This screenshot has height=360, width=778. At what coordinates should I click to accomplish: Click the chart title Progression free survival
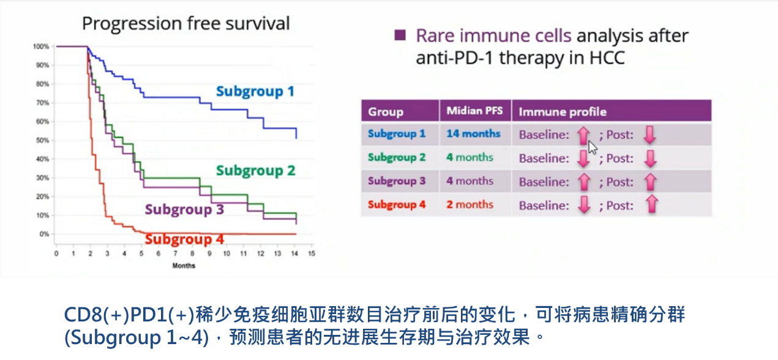(185, 24)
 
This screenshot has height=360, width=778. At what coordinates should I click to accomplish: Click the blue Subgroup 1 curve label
(255, 92)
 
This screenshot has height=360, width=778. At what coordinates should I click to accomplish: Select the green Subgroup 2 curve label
(255, 170)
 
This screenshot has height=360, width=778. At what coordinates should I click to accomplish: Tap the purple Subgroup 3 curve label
(184, 209)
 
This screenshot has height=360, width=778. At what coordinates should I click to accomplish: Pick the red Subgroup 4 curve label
(184, 239)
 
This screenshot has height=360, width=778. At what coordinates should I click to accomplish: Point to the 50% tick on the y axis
(41, 140)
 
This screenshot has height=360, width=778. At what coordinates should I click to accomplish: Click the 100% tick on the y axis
(40, 47)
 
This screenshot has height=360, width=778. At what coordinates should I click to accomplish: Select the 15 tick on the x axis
(312, 253)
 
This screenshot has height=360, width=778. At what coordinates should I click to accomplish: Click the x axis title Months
(184, 265)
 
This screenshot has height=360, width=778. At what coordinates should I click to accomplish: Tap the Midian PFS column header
(474, 111)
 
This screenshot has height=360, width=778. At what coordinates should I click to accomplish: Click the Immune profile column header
(563, 111)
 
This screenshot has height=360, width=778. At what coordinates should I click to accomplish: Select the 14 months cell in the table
(473, 133)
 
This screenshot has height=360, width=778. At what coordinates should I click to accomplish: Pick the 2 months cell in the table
(469, 204)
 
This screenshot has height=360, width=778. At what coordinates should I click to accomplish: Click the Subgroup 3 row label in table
(397, 181)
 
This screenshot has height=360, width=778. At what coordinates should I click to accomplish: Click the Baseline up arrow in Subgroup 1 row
(583, 134)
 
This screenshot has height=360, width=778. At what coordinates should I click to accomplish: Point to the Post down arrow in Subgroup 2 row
(650, 158)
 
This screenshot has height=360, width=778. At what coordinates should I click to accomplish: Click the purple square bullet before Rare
(400, 36)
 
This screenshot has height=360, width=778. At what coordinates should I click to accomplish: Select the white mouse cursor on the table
(592, 148)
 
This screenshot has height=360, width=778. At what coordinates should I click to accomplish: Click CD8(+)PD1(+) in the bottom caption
(129, 315)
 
